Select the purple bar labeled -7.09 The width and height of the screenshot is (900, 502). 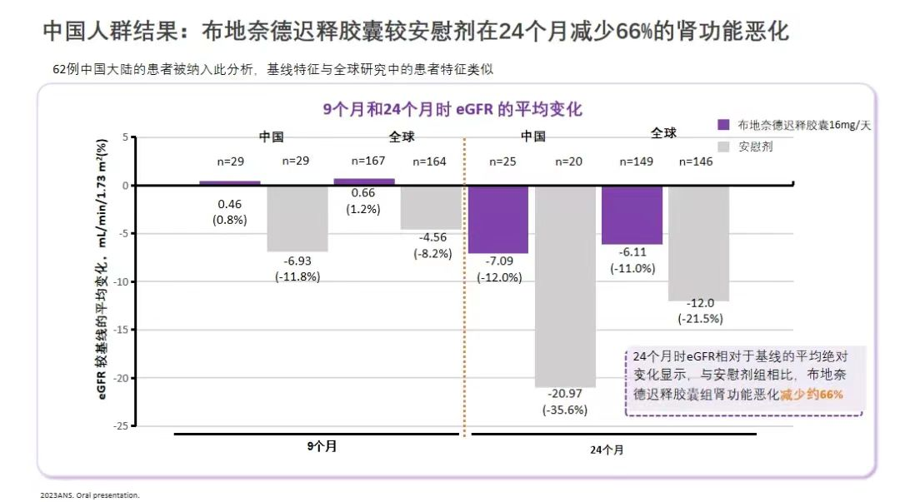[x=498, y=219]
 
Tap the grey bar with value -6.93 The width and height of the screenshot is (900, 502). [x=297, y=218]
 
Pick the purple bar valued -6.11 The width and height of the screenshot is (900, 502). [x=632, y=215]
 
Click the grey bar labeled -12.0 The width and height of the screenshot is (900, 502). [x=698, y=242]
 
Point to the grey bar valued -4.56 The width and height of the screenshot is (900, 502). [x=431, y=207]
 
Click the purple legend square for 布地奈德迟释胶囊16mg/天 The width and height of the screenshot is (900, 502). [x=723, y=125]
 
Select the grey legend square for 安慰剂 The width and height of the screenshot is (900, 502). [x=723, y=147]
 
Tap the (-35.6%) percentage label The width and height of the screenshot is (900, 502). [x=565, y=410]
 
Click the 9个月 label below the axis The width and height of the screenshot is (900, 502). [x=322, y=446]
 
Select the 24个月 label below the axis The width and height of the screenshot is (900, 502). [x=607, y=449]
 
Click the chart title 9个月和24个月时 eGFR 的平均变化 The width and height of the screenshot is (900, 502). [x=452, y=110]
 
